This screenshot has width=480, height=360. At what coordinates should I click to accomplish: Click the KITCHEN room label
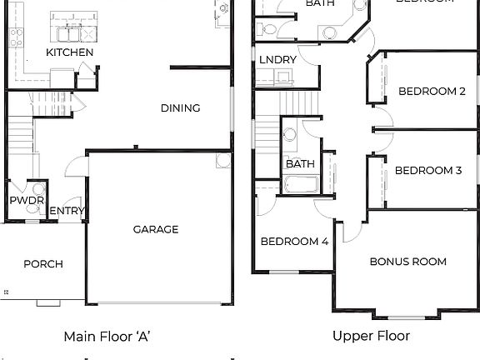tap(69, 52)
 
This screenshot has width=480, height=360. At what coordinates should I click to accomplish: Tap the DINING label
tap(180, 107)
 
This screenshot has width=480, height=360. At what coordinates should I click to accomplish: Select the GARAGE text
tap(156, 229)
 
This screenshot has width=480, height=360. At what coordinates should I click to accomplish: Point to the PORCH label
tap(43, 264)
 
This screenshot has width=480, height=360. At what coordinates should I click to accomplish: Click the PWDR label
tap(21, 201)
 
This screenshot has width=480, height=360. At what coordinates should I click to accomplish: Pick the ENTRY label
tap(67, 211)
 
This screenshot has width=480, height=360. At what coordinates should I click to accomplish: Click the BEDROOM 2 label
tap(432, 92)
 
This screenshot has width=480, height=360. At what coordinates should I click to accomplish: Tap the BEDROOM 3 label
tap(428, 171)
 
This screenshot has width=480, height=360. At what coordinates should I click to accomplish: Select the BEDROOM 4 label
tap(294, 242)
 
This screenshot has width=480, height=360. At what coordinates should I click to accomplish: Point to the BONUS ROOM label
tap(408, 262)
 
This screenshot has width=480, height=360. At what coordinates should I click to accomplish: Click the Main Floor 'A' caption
tap(107, 337)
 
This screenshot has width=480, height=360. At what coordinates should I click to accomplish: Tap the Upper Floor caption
tap(371, 337)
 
